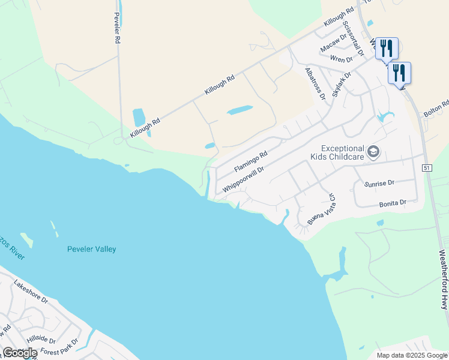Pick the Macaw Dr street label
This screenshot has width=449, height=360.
click(334, 43)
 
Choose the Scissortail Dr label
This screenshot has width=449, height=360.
click(353, 38)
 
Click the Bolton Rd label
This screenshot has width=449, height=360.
click(436, 109)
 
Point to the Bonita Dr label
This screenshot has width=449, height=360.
click(393, 204)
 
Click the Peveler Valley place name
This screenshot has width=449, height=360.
click(92, 249)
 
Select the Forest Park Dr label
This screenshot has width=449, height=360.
click(59, 348)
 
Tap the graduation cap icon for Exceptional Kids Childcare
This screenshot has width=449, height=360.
click(373, 152)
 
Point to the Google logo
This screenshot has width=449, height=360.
click(20, 353)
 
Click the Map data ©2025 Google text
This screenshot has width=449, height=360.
click(411, 355)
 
